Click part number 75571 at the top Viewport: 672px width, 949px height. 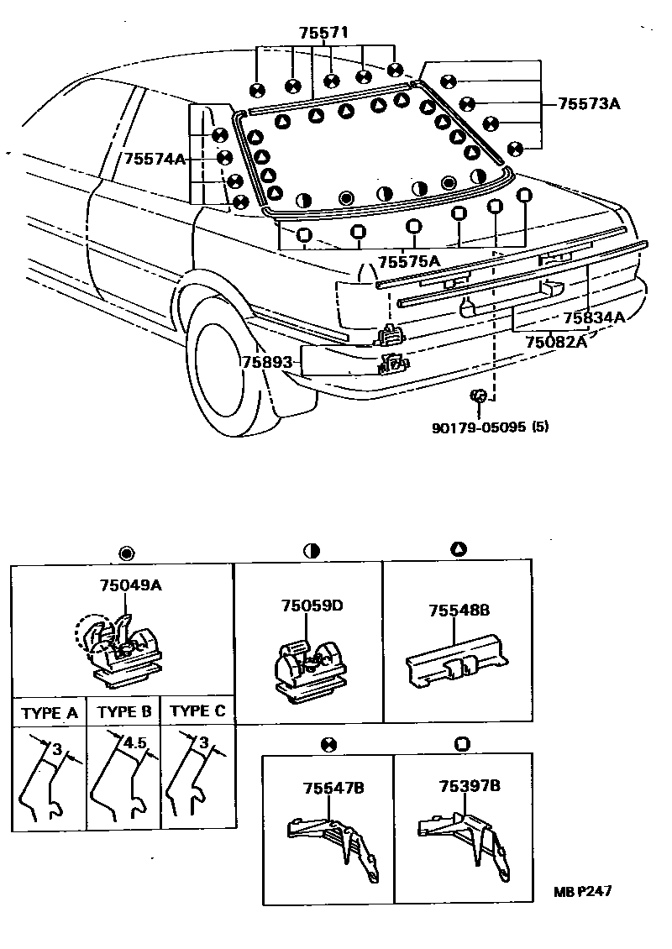tap(323, 33)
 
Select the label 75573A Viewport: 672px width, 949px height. tap(589, 104)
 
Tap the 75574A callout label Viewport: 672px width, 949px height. tap(155, 159)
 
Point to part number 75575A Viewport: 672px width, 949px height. tap(408, 261)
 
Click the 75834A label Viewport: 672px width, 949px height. tap(594, 317)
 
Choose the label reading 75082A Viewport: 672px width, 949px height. tap(556, 341)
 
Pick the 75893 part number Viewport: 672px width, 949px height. tap(267, 363)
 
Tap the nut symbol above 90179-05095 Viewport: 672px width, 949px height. tap(478, 395)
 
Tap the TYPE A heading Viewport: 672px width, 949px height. tap(50, 714)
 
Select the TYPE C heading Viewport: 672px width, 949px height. tap(197, 711)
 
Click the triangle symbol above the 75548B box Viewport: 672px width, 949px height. tap(458, 549)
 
